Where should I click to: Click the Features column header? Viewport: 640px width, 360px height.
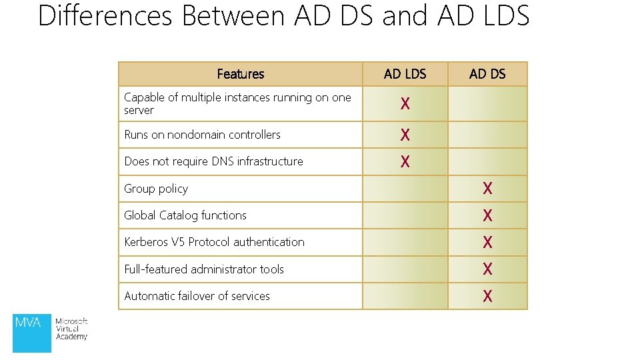(x=240, y=74)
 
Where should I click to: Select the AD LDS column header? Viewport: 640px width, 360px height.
(x=405, y=74)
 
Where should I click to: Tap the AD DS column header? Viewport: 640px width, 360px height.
(x=487, y=74)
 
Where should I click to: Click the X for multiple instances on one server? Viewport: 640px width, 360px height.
(x=405, y=104)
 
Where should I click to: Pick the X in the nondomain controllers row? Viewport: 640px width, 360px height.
(x=405, y=135)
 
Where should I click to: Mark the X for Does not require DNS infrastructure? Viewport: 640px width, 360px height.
(x=405, y=161)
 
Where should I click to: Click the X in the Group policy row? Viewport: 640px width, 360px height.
(x=487, y=189)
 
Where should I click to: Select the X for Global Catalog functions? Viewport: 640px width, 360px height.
(x=487, y=215)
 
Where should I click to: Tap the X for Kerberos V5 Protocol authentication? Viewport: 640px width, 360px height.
(x=487, y=242)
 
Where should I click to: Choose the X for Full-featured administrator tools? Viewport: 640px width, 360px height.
(x=487, y=269)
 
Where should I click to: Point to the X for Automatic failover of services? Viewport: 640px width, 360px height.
(x=487, y=296)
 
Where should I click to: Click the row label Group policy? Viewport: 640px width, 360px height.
(x=156, y=189)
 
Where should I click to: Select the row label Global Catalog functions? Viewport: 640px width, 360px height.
(x=185, y=215)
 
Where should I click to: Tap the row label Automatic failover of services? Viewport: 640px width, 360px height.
(x=197, y=296)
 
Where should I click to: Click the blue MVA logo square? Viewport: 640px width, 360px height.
(x=31, y=333)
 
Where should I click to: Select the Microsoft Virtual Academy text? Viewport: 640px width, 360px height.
(x=71, y=329)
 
